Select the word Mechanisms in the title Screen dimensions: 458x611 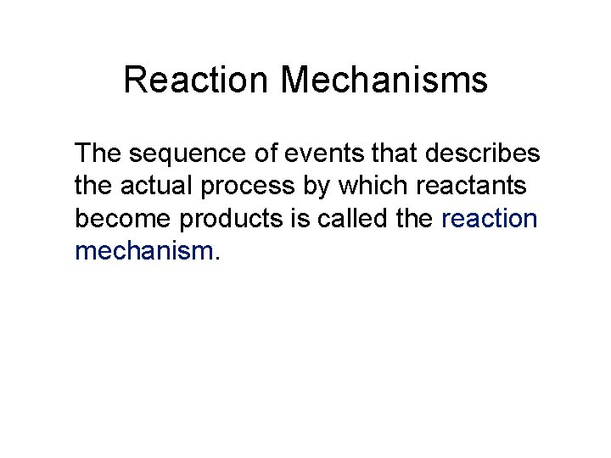point(384,81)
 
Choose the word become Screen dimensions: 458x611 point(123,219)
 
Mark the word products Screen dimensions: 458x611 point(235,220)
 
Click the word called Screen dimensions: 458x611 point(350,219)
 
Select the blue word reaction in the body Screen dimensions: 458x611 point(490,219)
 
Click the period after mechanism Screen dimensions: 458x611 point(218,257)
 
